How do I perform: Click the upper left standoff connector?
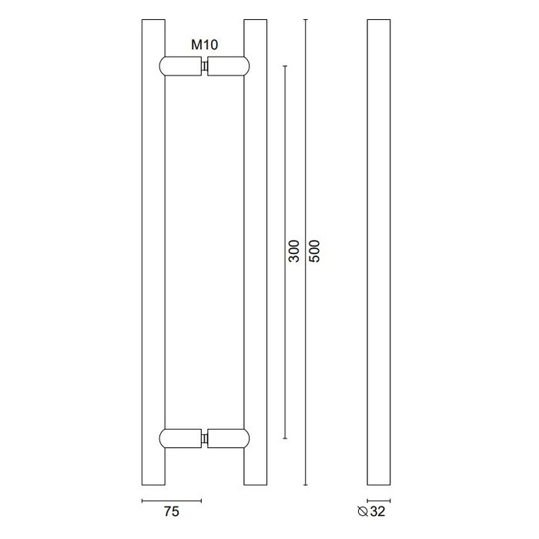point(180,67)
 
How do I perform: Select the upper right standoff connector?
point(229,67)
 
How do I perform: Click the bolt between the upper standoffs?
point(204,68)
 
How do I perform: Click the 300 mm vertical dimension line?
point(286,154)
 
